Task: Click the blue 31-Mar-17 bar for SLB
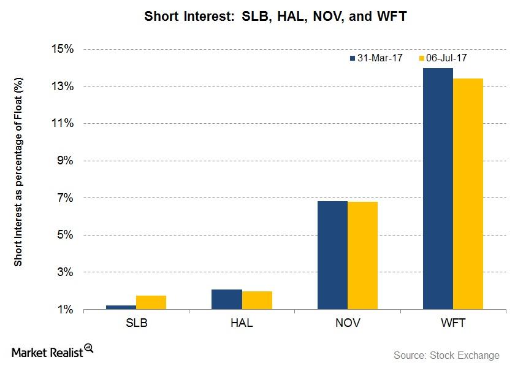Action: [121, 307]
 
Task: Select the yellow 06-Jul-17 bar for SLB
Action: [151, 303]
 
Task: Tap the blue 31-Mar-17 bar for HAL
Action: [226, 299]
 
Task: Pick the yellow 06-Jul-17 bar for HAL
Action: [257, 301]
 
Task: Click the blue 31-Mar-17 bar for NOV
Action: [332, 255]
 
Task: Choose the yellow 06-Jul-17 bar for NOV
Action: [362, 256]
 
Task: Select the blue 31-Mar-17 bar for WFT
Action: [438, 189]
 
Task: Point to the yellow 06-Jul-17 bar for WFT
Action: [468, 194]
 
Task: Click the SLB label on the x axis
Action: [135, 323]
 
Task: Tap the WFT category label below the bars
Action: [453, 323]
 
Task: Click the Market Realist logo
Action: [52, 351]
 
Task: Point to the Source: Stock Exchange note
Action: [446, 355]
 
